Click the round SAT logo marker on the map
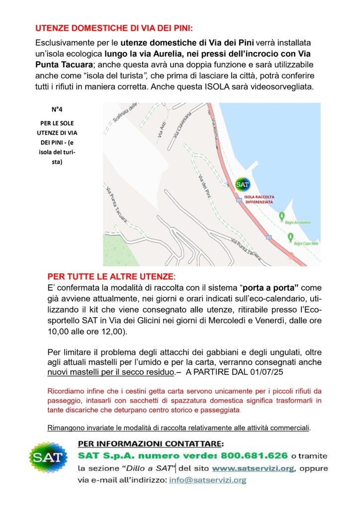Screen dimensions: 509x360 point(242,184)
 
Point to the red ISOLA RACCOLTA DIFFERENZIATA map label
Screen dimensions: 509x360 point(259,199)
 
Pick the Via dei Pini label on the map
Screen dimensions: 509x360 point(202,186)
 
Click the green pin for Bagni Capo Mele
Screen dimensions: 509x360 point(291,237)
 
